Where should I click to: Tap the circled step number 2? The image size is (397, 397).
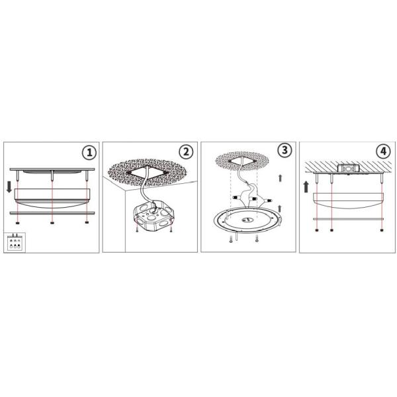point(187,152)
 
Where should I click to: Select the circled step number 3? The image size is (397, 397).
point(285,150)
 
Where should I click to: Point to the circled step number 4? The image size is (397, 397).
point(383,151)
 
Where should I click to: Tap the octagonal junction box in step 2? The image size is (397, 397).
point(152,215)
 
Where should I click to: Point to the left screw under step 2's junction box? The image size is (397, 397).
point(135,230)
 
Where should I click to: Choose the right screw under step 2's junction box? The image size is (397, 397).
point(171,230)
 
